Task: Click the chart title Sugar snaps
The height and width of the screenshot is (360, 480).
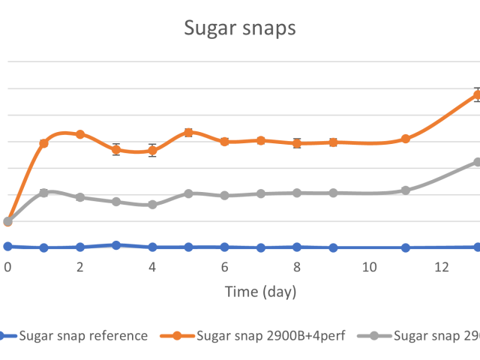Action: (240, 28)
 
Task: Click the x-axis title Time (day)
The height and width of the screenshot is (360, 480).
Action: (261, 291)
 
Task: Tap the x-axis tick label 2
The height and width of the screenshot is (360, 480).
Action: (80, 267)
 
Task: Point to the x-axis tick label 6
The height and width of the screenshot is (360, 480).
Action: (225, 267)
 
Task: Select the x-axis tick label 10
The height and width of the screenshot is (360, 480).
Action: (369, 267)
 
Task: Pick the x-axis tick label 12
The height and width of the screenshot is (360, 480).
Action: (442, 267)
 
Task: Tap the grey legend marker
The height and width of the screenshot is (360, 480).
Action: (377, 336)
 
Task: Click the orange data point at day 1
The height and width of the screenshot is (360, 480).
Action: (44, 143)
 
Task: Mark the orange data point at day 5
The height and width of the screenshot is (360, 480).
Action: (189, 133)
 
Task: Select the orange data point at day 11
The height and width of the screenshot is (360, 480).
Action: (406, 139)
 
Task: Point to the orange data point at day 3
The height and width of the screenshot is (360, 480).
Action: (116, 149)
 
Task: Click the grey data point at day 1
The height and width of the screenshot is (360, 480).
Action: (44, 193)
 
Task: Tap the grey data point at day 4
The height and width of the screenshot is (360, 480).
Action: (152, 204)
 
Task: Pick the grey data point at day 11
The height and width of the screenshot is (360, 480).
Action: (406, 190)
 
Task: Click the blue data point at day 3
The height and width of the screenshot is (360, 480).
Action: (116, 244)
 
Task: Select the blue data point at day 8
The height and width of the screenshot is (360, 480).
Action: (297, 247)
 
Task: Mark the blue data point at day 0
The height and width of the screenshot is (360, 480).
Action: (7, 246)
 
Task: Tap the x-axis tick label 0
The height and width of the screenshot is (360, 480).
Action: (7, 267)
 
